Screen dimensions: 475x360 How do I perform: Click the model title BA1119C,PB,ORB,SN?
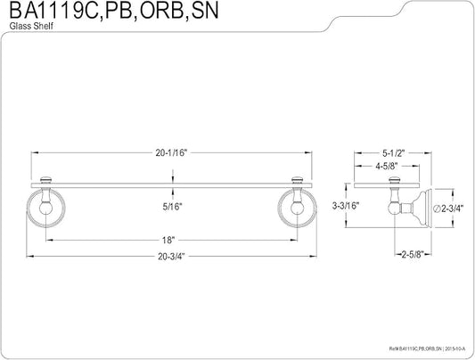(x=114, y=11)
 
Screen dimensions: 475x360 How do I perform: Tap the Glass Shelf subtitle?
(x=31, y=26)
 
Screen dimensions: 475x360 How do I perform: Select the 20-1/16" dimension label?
(x=172, y=153)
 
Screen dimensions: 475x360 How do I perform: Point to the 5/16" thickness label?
(x=172, y=207)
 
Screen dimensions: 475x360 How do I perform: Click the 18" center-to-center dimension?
(x=168, y=241)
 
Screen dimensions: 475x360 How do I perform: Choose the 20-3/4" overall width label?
(x=171, y=257)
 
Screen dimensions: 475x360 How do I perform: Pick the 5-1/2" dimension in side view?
(x=394, y=153)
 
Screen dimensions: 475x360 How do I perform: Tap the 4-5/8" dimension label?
(x=387, y=167)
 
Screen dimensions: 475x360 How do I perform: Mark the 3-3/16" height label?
(x=346, y=206)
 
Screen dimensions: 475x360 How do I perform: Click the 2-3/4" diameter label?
(x=453, y=209)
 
